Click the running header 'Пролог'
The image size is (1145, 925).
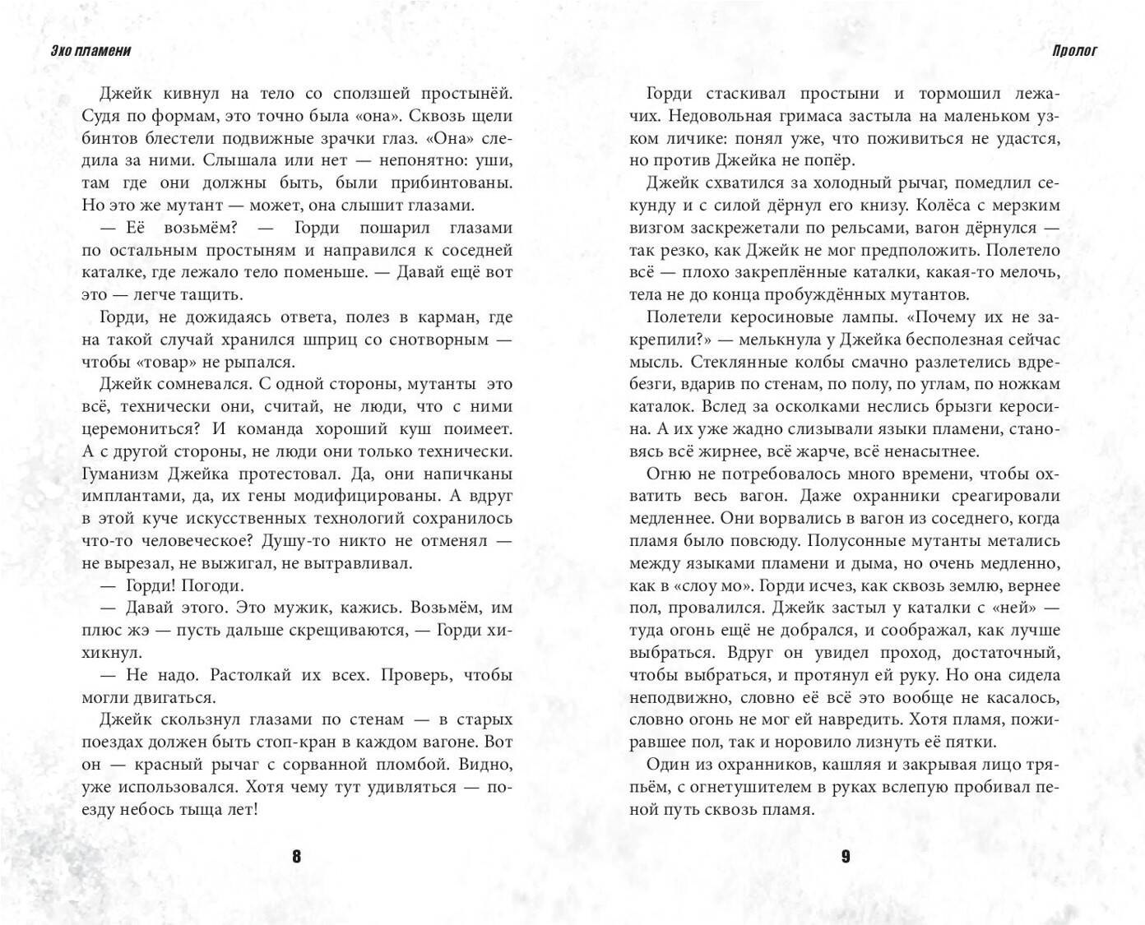[1073, 51]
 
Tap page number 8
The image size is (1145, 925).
[296, 857]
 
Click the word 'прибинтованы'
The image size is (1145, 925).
[452, 183]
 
